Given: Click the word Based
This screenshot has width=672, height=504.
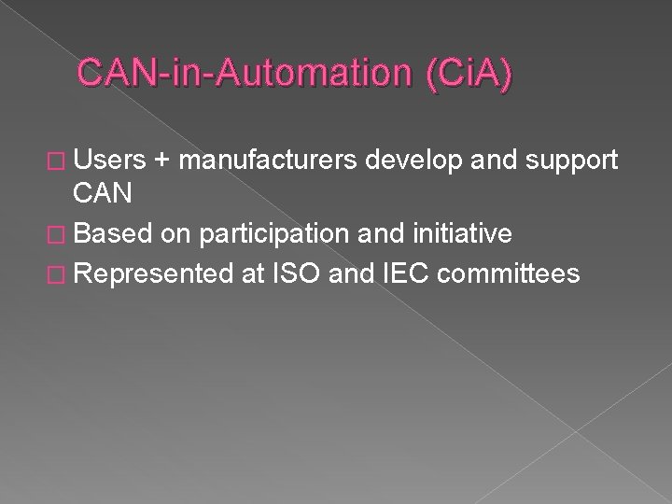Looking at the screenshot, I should click(111, 231).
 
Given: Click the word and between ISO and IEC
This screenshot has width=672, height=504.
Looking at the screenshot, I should click(339, 273).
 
